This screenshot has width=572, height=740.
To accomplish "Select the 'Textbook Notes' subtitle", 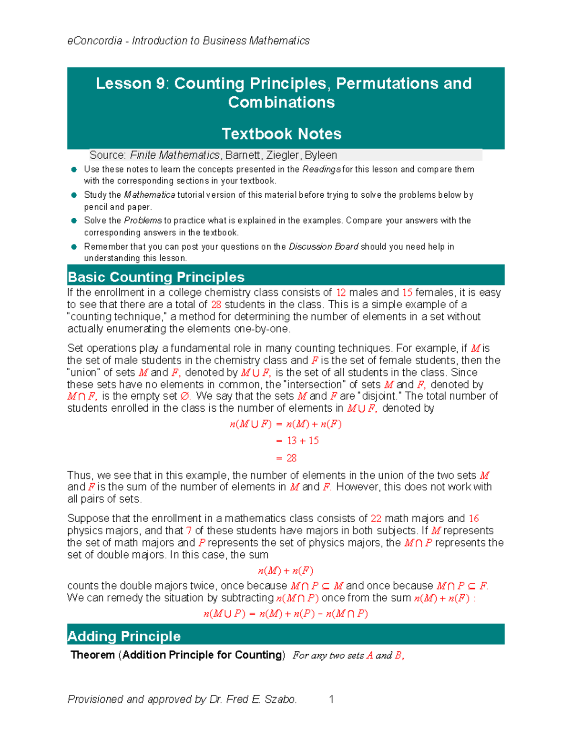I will (281, 134).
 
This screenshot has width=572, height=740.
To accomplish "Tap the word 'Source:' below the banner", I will (107, 155).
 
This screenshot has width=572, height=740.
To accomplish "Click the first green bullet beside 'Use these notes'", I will (74, 170).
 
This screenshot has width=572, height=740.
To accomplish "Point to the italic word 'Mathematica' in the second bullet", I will (149, 195).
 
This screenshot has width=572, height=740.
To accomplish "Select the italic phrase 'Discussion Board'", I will (323, 247).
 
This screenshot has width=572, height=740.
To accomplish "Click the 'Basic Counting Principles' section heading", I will (156, 277).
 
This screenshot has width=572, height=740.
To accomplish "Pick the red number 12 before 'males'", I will (341, 293).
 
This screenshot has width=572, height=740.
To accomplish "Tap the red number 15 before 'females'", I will (407, 293).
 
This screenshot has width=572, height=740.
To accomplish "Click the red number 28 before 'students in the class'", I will (216, 305).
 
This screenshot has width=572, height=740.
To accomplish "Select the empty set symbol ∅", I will (185, 396).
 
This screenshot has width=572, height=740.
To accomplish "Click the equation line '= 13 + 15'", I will (297, 441).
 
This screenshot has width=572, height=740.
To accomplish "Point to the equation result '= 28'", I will (286, 458).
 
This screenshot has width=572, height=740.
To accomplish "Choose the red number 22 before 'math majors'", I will (376, 518).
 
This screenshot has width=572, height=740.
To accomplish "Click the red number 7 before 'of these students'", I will (189, 531).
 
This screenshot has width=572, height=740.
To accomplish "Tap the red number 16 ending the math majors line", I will (473, 518).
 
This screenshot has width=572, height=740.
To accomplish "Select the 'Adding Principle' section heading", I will (124, 636).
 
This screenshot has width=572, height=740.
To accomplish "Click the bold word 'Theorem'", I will (92, 655).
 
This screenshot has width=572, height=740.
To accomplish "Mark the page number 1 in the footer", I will (331, 699).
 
